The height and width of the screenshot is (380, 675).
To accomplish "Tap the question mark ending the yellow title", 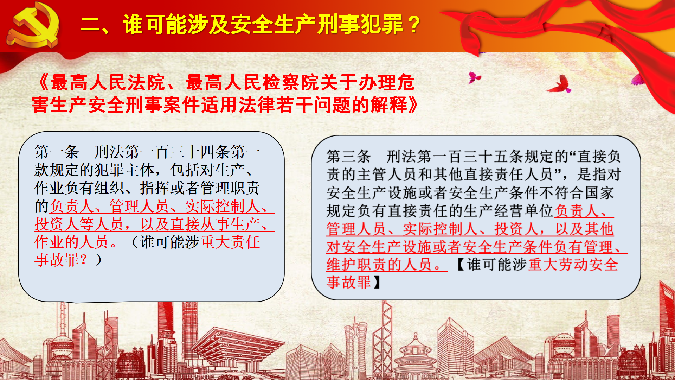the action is click(415, 25).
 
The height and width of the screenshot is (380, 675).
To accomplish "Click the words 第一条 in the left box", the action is click(57, 152).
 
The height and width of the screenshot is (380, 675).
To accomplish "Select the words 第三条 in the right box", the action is click(349, 156).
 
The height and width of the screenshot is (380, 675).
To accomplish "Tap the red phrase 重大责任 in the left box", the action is click(230, 242).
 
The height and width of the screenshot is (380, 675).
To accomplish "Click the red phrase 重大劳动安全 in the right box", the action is click(573, 265).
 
